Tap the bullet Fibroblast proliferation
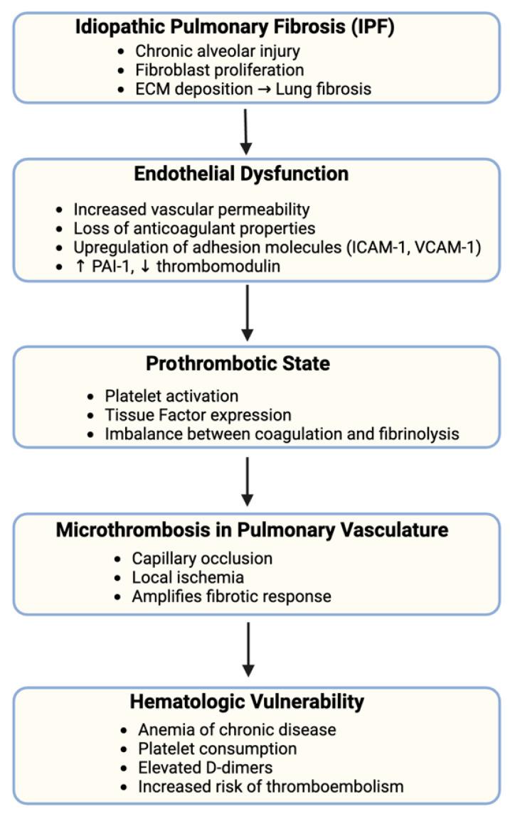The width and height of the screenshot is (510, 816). (218, 70)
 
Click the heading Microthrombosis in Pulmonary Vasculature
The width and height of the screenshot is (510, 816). (255, 531)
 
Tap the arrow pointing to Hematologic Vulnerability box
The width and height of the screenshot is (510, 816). (247, 649)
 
